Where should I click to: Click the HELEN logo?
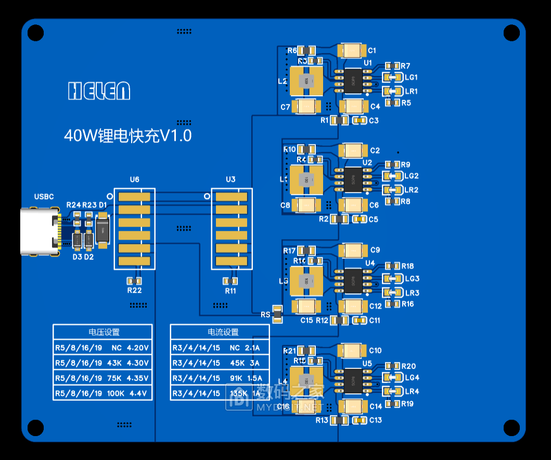[99, 91]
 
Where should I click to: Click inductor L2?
[306, 81]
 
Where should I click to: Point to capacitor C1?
[352, 50]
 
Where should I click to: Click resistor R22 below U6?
[134, 281]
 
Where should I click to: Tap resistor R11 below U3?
[230, 281]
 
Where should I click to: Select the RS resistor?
[277, 314]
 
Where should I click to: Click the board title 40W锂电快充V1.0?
[127, 136]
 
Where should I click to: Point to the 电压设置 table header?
[103, 332]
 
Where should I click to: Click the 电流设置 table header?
[220, 332]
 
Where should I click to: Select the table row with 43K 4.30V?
[103, 363]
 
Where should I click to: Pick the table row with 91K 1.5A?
[220, 378]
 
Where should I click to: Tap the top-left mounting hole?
[35, 33]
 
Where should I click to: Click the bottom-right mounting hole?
[511, 428]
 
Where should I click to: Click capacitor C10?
[352, 350]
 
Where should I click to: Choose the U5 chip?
[353, 379]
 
